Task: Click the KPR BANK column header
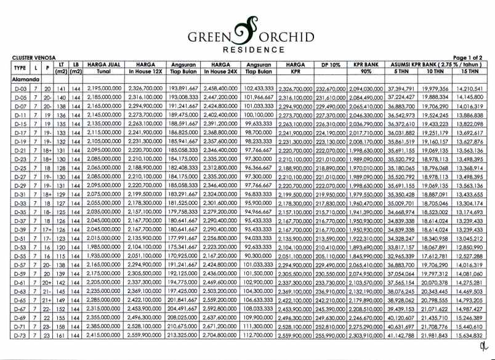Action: (366, 64)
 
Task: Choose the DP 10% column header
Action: (329, 64)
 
